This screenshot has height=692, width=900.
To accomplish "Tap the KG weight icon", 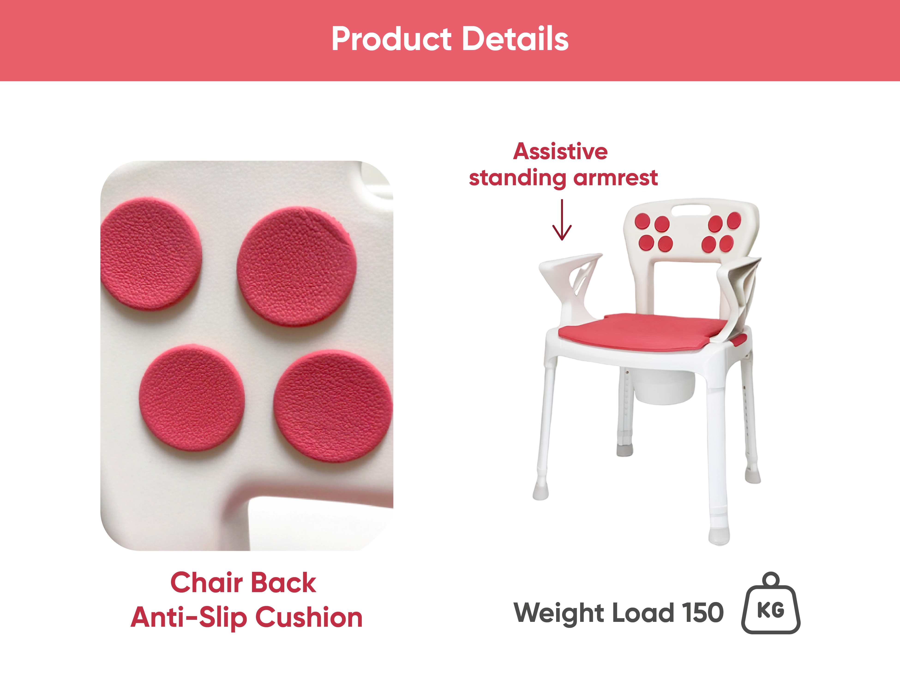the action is click(x=771, y=603).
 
